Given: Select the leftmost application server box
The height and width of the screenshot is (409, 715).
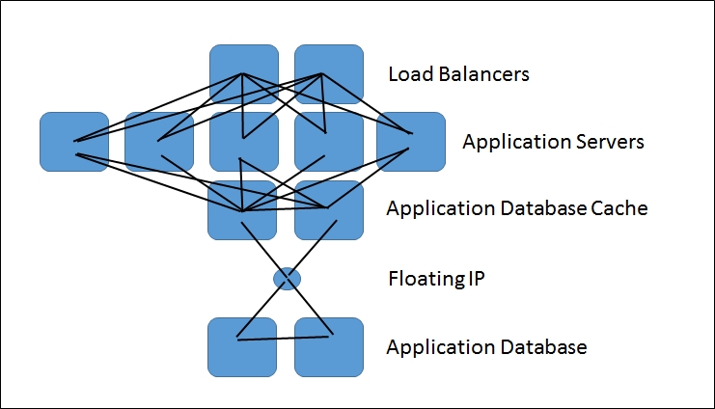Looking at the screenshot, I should pyautogui.click(x=73, y=142).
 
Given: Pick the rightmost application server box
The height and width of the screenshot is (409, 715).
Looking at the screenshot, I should pyautogui.click(x=410, y=142).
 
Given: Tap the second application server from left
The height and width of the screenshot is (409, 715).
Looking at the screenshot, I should pyautogui.click(x=158, y=142).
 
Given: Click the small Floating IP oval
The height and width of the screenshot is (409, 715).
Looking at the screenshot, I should pyautogui.click(x=287, y=279).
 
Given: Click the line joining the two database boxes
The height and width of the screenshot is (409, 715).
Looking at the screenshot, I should pyautogui.click(x=285, y=337).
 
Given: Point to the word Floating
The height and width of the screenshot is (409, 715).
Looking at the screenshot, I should pyautogui.click(x=423, y=280).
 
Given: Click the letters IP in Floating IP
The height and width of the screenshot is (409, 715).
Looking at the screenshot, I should pyautogui.click(x=472, y=280).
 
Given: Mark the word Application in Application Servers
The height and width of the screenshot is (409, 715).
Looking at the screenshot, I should pyautogui.click(x=509, y=143).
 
